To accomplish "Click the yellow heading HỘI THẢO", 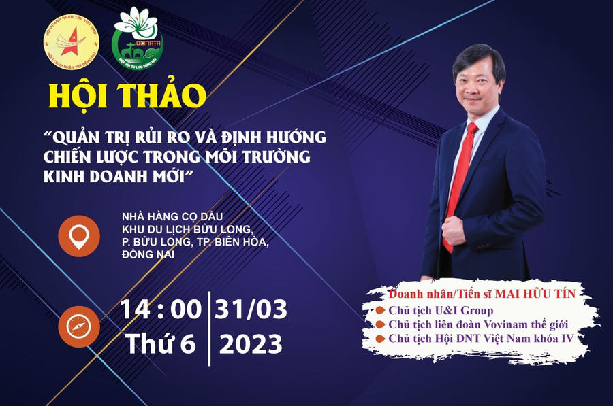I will (x=126, y=96).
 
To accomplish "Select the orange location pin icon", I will (x=79, y=235).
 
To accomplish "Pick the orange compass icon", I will (x=79, y=326).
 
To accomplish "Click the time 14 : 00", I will (x=161, y=309).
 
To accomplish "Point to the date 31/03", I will (x=251, y=309).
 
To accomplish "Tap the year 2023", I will (x=251, y=344).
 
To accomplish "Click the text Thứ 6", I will (x=161, y=344).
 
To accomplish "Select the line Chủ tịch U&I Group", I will (x=441, y=311).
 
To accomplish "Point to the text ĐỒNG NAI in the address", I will (x=147, y=254).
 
